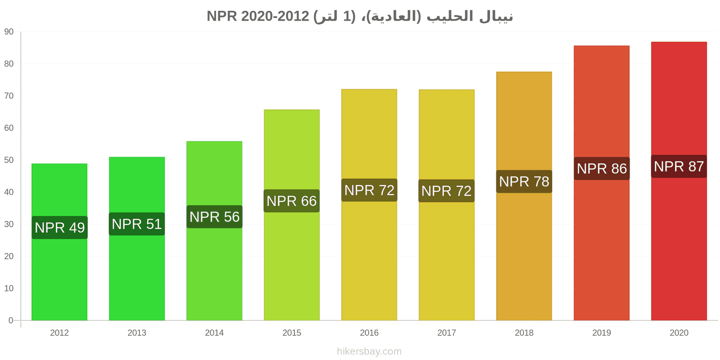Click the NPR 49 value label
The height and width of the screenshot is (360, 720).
(x=59, y=228)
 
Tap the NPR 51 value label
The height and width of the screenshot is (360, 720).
(x=137, y=224)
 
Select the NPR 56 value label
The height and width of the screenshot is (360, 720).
(x=214, y=216)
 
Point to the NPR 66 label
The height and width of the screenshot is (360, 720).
(x=292, y=201)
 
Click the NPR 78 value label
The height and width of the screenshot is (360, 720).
(x=524, y=182)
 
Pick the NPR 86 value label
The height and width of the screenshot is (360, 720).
(x=602, y=168)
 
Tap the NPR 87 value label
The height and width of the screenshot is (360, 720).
(x=679, y=166)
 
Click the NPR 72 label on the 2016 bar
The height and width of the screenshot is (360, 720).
(x=369, y=190)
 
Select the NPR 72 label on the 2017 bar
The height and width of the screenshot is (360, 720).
(x=446, y=191)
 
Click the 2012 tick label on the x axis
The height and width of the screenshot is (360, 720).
(x=59, y=333)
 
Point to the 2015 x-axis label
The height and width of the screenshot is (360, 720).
(x=292, y=333)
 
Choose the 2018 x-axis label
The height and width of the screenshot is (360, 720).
(x=524, y=333)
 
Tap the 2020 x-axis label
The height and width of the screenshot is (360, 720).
(x=679, y=333)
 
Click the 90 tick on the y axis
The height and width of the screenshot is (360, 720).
(x=9, y=32)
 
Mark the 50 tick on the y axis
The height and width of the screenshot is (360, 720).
(x=9, y=160)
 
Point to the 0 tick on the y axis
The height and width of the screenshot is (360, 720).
(x=11, y=320)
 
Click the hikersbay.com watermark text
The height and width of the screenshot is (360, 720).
(x=369, y=351)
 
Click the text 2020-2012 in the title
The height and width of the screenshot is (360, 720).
(x=275, y=16)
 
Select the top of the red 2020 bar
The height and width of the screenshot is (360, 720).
(x=679, y=42)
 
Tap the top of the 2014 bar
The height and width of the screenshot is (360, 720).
(x=214, y=141)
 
